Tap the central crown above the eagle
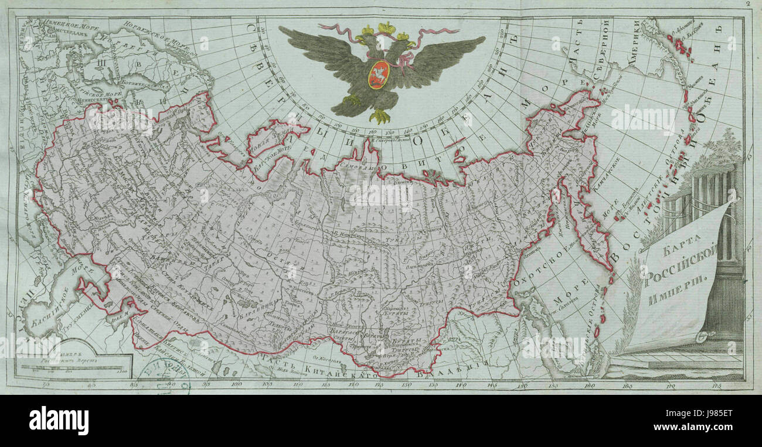pyautogui.click(x=386, y=27)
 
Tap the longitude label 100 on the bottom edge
pyautogui.click(x=237, y=385)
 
